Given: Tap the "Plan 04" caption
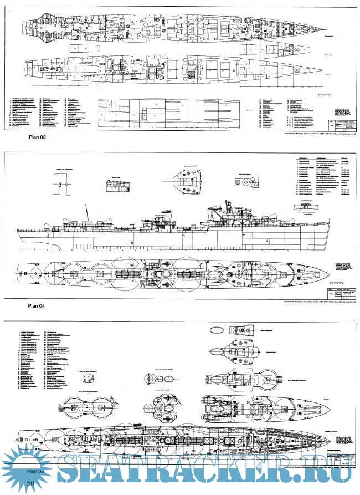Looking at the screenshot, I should [x=39, y=305].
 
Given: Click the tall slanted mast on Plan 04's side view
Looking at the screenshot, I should [x=87, y=213].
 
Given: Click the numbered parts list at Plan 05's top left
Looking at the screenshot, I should [x=33, y=360].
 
